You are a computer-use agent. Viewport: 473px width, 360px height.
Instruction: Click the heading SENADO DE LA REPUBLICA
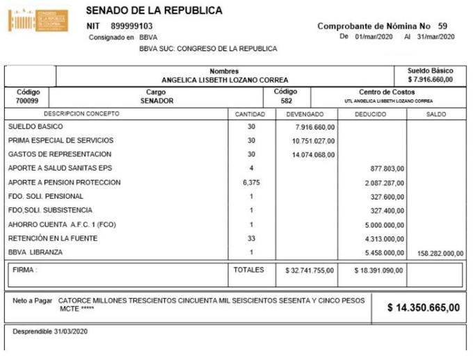tap(154, 11)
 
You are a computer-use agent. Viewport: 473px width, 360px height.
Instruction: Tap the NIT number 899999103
tap(132, 26)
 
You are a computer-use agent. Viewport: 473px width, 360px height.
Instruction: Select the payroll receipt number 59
tap(443, 26)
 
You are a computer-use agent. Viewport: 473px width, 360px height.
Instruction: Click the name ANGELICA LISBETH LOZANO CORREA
tap(224, 80)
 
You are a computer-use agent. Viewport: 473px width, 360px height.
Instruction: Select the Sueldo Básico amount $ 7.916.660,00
tap(431, 79)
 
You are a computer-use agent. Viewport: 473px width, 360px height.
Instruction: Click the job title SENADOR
tap(156, 101)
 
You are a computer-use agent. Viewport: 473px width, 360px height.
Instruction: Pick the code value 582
tap(286, 101)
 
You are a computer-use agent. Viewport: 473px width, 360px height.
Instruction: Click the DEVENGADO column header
tap(305, 113)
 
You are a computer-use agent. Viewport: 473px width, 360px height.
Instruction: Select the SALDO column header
tap(436, 113)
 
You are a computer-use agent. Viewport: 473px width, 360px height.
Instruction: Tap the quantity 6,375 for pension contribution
tap(251, 182)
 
